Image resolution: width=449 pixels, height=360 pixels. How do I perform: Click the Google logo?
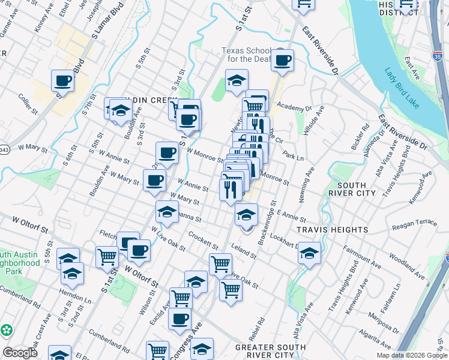point(20,353)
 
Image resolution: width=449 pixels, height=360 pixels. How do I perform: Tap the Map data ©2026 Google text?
point(411,355)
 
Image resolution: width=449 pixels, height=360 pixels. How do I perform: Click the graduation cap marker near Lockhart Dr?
point(310,253)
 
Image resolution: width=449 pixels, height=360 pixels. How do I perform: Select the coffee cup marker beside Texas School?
point(282,59)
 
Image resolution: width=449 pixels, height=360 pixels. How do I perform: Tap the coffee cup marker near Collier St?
point(62,80)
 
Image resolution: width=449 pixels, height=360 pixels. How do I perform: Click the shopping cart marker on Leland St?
point(220,263)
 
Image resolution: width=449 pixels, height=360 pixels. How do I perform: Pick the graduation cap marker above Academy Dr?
point(237,80)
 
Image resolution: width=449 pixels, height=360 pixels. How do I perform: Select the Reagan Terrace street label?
point(415,224)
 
